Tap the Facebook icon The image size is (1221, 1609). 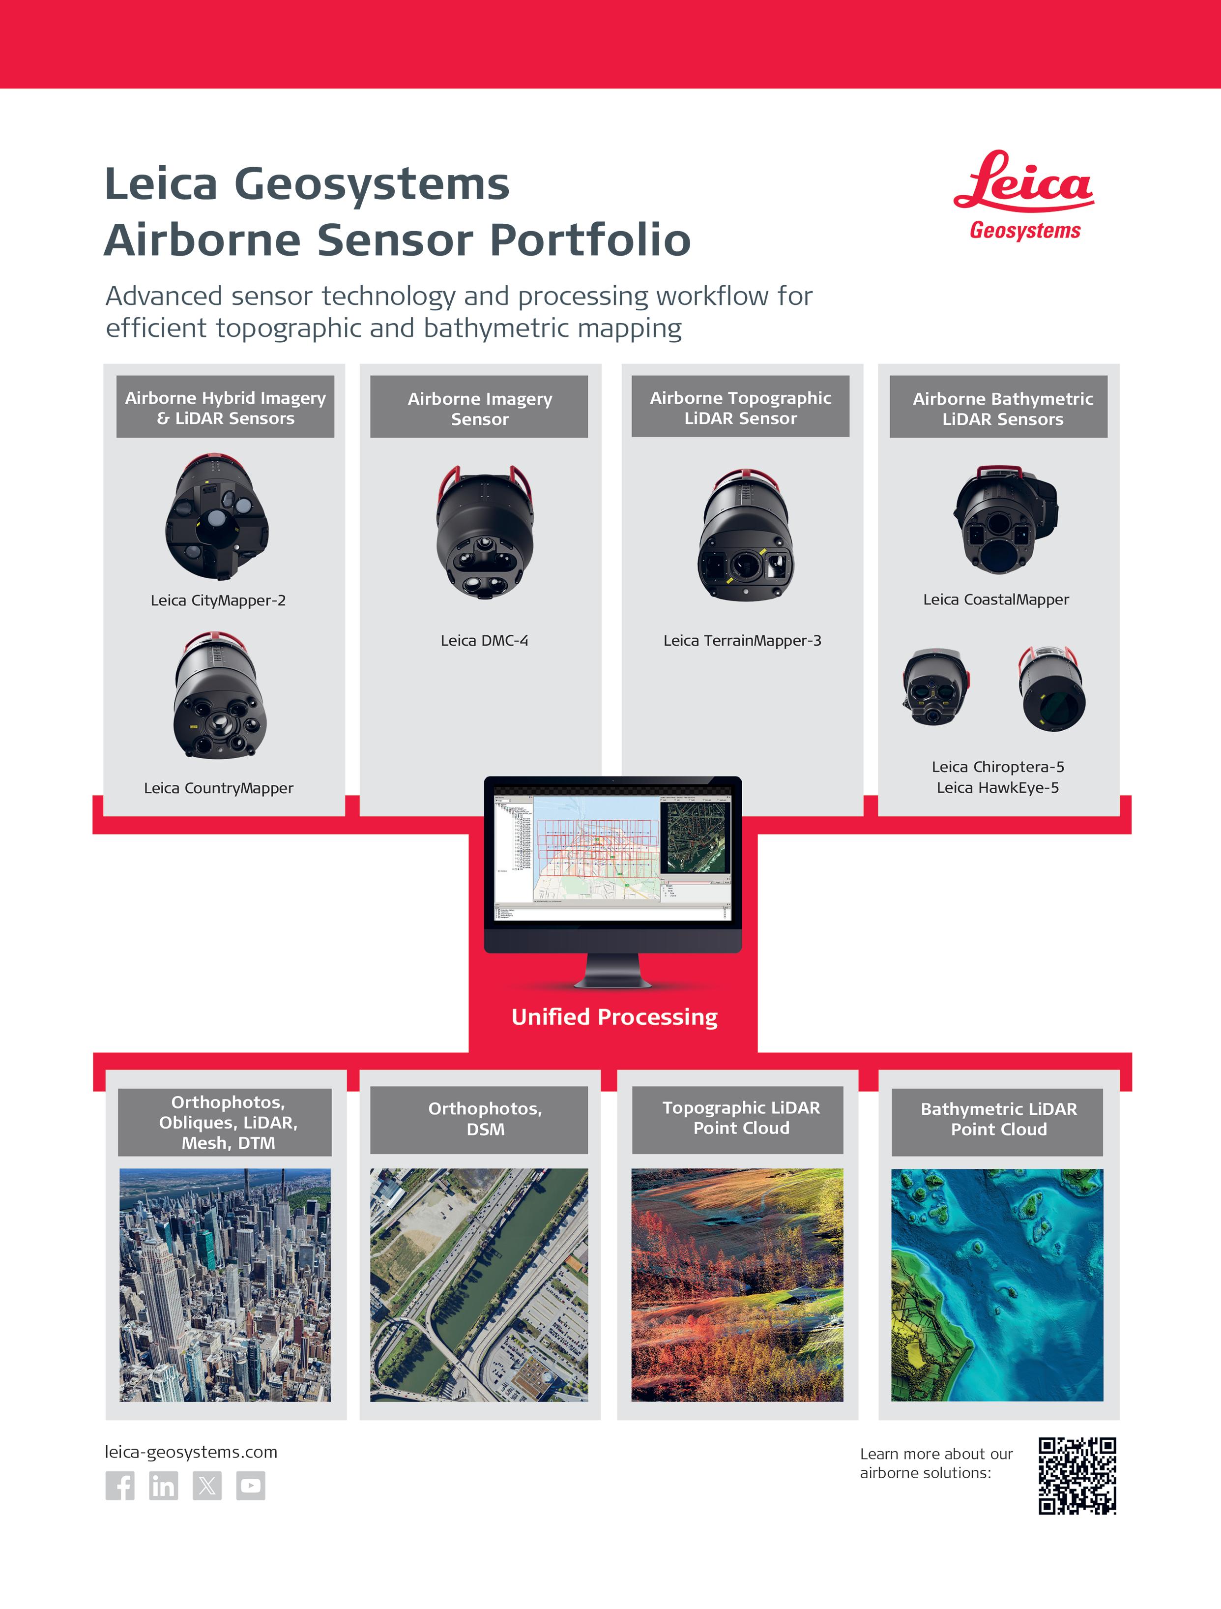120,1486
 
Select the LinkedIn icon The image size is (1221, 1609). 164,1486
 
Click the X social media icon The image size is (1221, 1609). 207,1486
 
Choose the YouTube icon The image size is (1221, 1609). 251,1486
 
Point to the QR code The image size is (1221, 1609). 1077,1476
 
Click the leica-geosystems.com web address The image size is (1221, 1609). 191,1452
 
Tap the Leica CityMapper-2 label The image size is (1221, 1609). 218,600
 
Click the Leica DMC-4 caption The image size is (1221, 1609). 484,640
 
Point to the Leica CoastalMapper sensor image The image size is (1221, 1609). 1006,518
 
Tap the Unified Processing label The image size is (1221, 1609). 614,1016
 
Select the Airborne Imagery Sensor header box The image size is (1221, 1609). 479,407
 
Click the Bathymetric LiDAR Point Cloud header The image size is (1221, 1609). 998,1119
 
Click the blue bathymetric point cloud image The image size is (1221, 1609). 997,1284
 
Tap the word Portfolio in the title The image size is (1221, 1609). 590,240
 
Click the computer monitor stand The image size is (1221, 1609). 613,970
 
